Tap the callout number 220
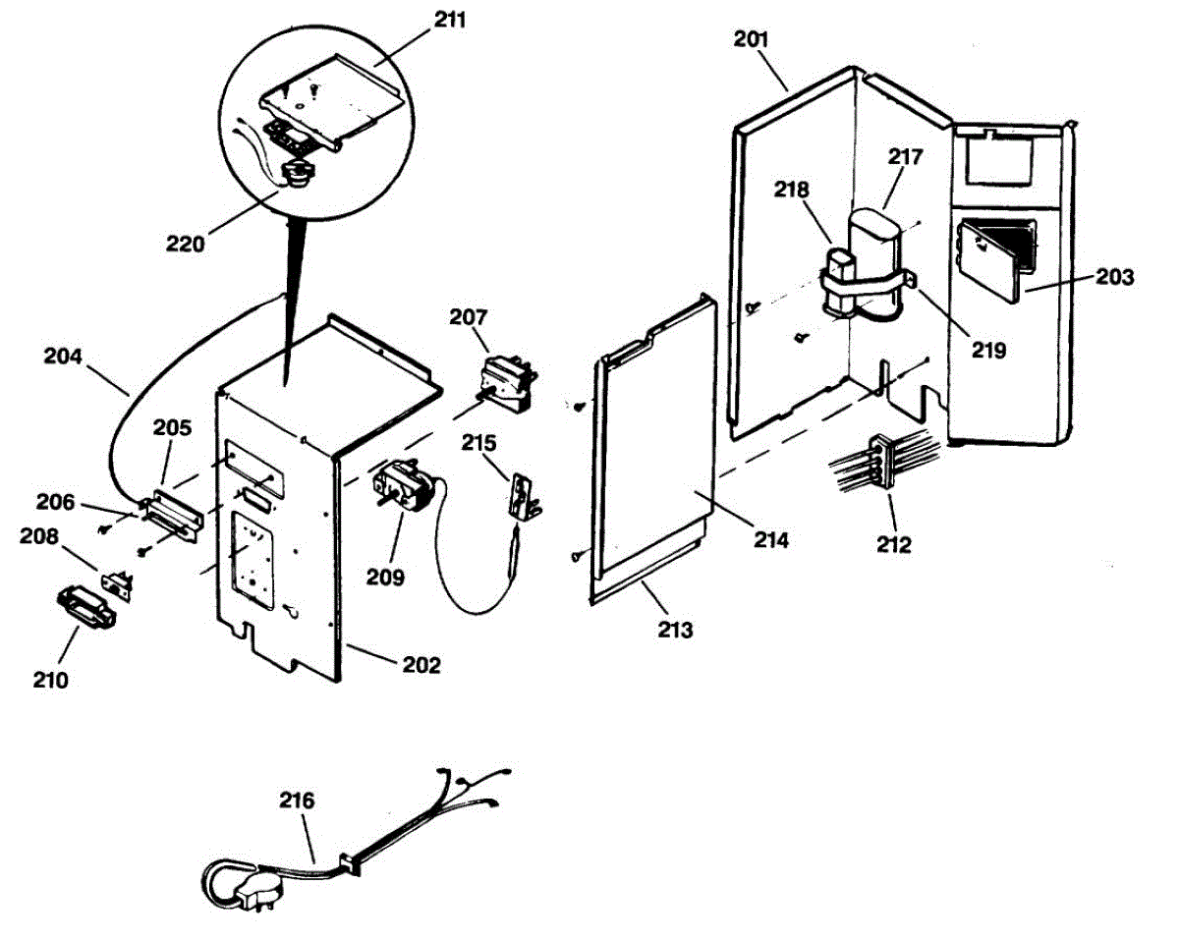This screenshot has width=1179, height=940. pyautogui.click(x=186, y=243)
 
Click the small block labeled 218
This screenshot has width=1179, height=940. pyautogui.click(x=841, y=265)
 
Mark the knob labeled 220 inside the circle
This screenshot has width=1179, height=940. pyautogui.click(x=296, y=174)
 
